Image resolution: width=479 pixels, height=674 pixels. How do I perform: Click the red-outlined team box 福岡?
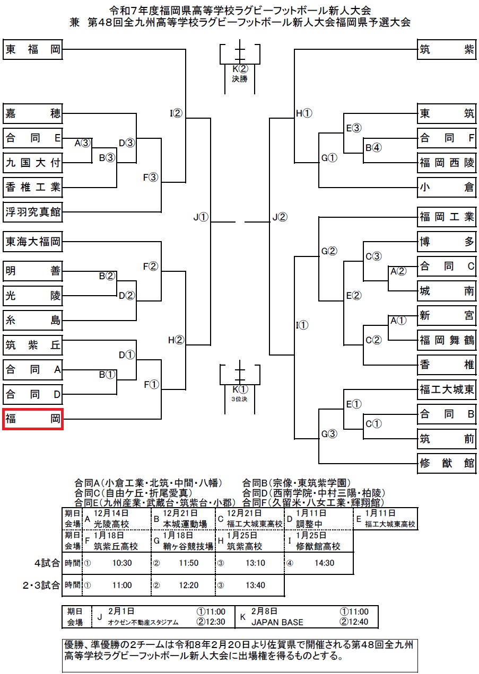point(33,419)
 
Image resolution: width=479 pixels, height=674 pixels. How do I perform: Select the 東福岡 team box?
point(33,50)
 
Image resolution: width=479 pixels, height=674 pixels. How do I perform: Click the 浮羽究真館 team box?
point(33,213)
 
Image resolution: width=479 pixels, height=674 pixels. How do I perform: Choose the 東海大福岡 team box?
point(33,243)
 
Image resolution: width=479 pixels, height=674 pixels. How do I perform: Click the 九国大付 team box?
point(33,162)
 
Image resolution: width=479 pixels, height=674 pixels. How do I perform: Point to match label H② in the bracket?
point(176,340)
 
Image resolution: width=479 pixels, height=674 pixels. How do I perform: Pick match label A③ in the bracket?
point(83,143)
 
